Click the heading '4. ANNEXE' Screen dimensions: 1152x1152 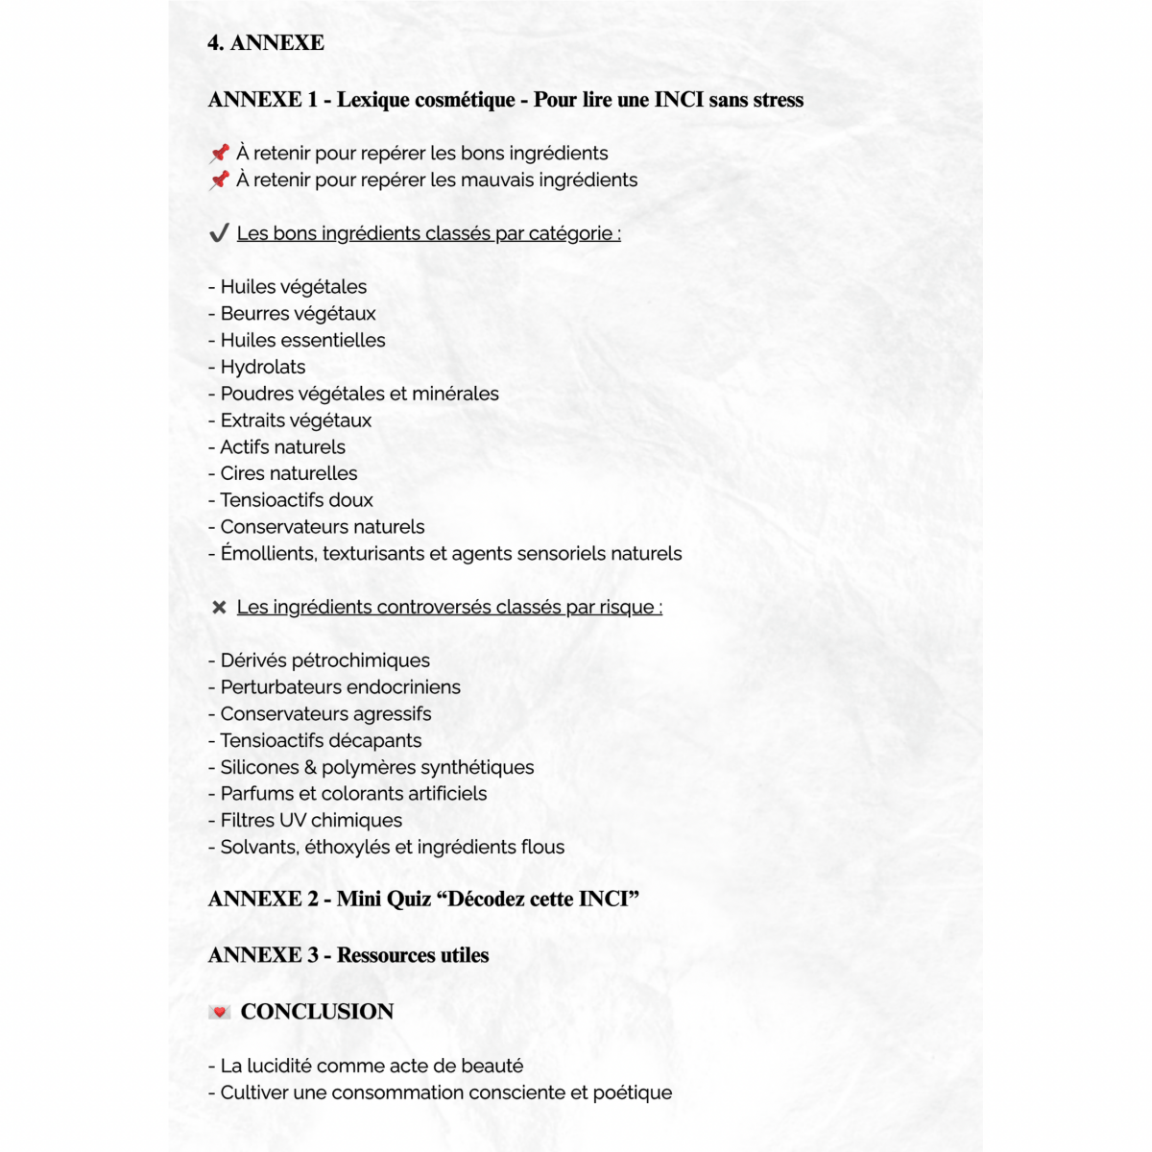coord(266,43)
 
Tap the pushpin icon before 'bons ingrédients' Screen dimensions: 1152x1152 coord(220,153)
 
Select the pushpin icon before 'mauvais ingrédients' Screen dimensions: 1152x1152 coord(220,180)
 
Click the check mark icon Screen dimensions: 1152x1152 coord(219,233)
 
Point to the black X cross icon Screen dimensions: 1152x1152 coord(219,607)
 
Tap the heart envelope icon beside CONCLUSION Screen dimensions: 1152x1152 coord(220,1012)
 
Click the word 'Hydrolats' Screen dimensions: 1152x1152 coord(263,367)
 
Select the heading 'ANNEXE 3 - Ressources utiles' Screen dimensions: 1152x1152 coord(348,955)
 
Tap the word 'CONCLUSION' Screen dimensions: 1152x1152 coord(317,1012)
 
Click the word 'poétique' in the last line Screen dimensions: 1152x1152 coord(632,1092)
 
